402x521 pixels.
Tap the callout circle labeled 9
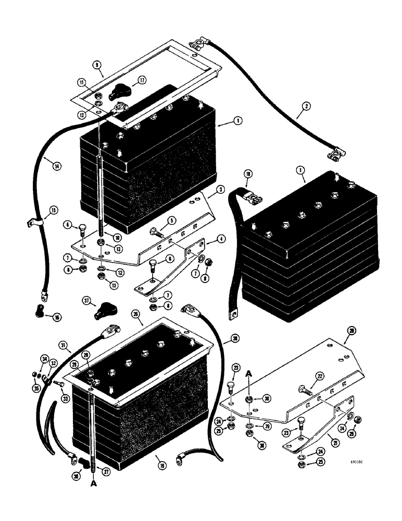96,65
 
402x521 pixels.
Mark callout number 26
136,314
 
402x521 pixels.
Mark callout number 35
36,388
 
